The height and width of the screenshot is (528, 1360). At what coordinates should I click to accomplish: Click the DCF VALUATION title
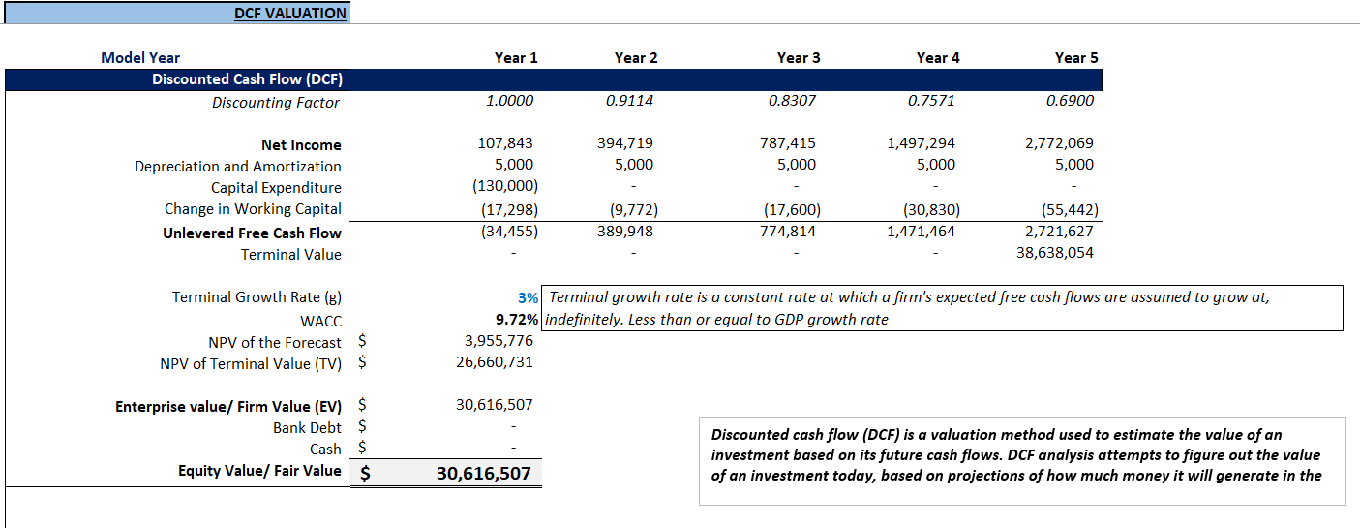tap(289, 14)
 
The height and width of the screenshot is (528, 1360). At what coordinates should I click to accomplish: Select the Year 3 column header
tap(798, 58)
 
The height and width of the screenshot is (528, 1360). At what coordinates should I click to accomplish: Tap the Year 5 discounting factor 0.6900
tap(1070, 101)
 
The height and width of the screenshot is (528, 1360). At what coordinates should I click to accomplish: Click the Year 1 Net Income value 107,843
tap(505, 143)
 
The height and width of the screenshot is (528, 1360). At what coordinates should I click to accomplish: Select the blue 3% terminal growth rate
tap(528, 297)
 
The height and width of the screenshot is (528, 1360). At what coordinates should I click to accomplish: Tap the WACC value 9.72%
tap(517, 319)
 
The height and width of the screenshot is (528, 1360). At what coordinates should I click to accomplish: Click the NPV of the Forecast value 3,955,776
tap(499, 341)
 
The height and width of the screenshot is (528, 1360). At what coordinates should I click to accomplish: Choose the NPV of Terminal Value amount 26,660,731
tap(494, 362)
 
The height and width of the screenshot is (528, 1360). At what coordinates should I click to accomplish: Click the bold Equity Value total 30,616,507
tap(483, 474)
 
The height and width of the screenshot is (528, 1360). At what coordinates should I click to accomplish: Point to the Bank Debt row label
tap(307, 427)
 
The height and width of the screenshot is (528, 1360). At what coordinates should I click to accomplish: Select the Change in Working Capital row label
tap(253, 209)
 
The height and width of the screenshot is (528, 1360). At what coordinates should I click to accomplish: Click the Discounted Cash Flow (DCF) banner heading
tap(247, 79)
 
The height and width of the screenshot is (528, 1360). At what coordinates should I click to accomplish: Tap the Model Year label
tap(140, 58)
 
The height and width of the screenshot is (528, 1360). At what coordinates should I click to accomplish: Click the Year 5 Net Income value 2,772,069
tap(1059, 143)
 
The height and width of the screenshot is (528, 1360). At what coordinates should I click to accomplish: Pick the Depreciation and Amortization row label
tap(237, 167)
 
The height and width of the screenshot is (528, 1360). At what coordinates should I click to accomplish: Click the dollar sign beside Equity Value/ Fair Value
tap(365, 474)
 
